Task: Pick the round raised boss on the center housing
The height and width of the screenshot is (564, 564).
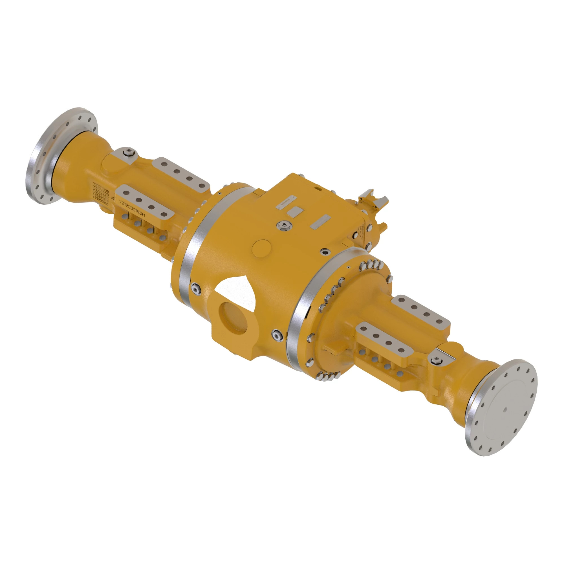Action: click(x=262, y=248)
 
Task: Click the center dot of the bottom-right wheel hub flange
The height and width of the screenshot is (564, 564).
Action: click(x=505, y=409)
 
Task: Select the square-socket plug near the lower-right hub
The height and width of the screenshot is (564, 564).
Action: click(x=437, y=361)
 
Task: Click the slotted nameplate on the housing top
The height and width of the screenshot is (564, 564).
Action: click(x=286, y=202)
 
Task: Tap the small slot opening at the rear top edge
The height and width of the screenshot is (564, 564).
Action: click(x=320, y=189)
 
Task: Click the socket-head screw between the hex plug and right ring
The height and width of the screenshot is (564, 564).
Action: click(x=324, y=251)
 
